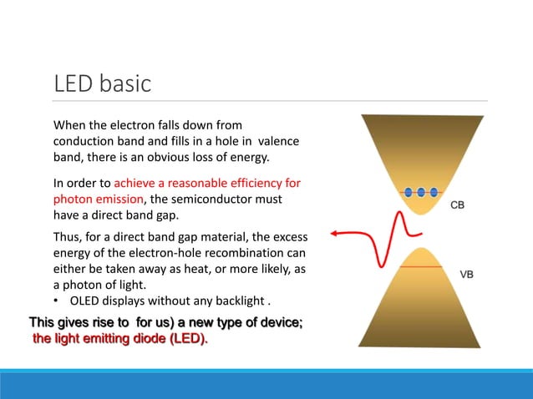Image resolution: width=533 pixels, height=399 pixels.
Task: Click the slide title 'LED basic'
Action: (x=102, y=83)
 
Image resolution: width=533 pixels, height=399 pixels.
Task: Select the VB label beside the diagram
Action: (x=470, y=273)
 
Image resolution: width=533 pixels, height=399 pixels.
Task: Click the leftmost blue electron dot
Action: (x=409, y=192)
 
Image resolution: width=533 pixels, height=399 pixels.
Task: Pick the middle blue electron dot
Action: (x=422, y=192)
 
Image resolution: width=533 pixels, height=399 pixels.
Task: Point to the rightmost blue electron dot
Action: (x=435, y=192)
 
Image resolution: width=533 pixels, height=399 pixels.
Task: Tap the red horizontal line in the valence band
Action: (x=423, y=266)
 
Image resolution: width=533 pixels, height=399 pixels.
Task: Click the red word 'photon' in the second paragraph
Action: (x=74, y=199)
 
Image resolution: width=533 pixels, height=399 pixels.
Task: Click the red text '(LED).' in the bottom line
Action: (x=185, y=339)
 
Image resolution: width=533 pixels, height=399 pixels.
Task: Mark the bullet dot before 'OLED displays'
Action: (x=57, y=302)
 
